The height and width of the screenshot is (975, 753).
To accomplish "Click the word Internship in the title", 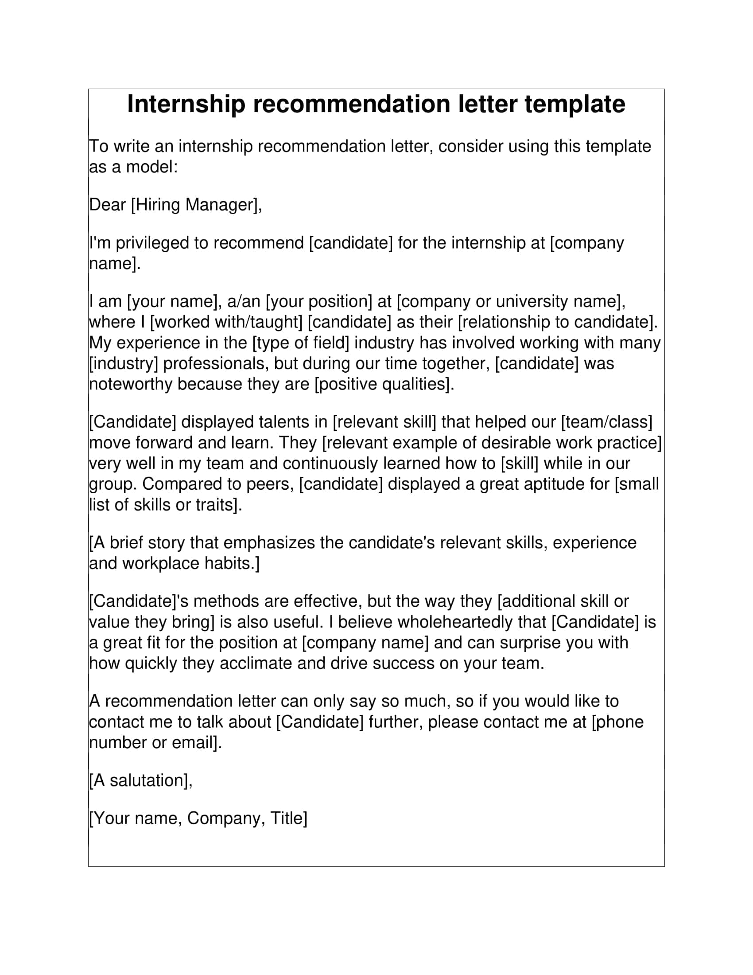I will pyautogui.click(x=186, y=105).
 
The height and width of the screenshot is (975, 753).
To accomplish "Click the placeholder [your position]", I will pyautogui.click(x=318, y=301).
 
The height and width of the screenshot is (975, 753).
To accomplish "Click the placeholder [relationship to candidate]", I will pyautogui.click(x=558, y=322).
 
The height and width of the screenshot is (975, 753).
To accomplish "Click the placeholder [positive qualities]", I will pyautogui.click(x=384, y=384).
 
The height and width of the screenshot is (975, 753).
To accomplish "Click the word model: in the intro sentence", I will pyautogui.click(x=152, y=167).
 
